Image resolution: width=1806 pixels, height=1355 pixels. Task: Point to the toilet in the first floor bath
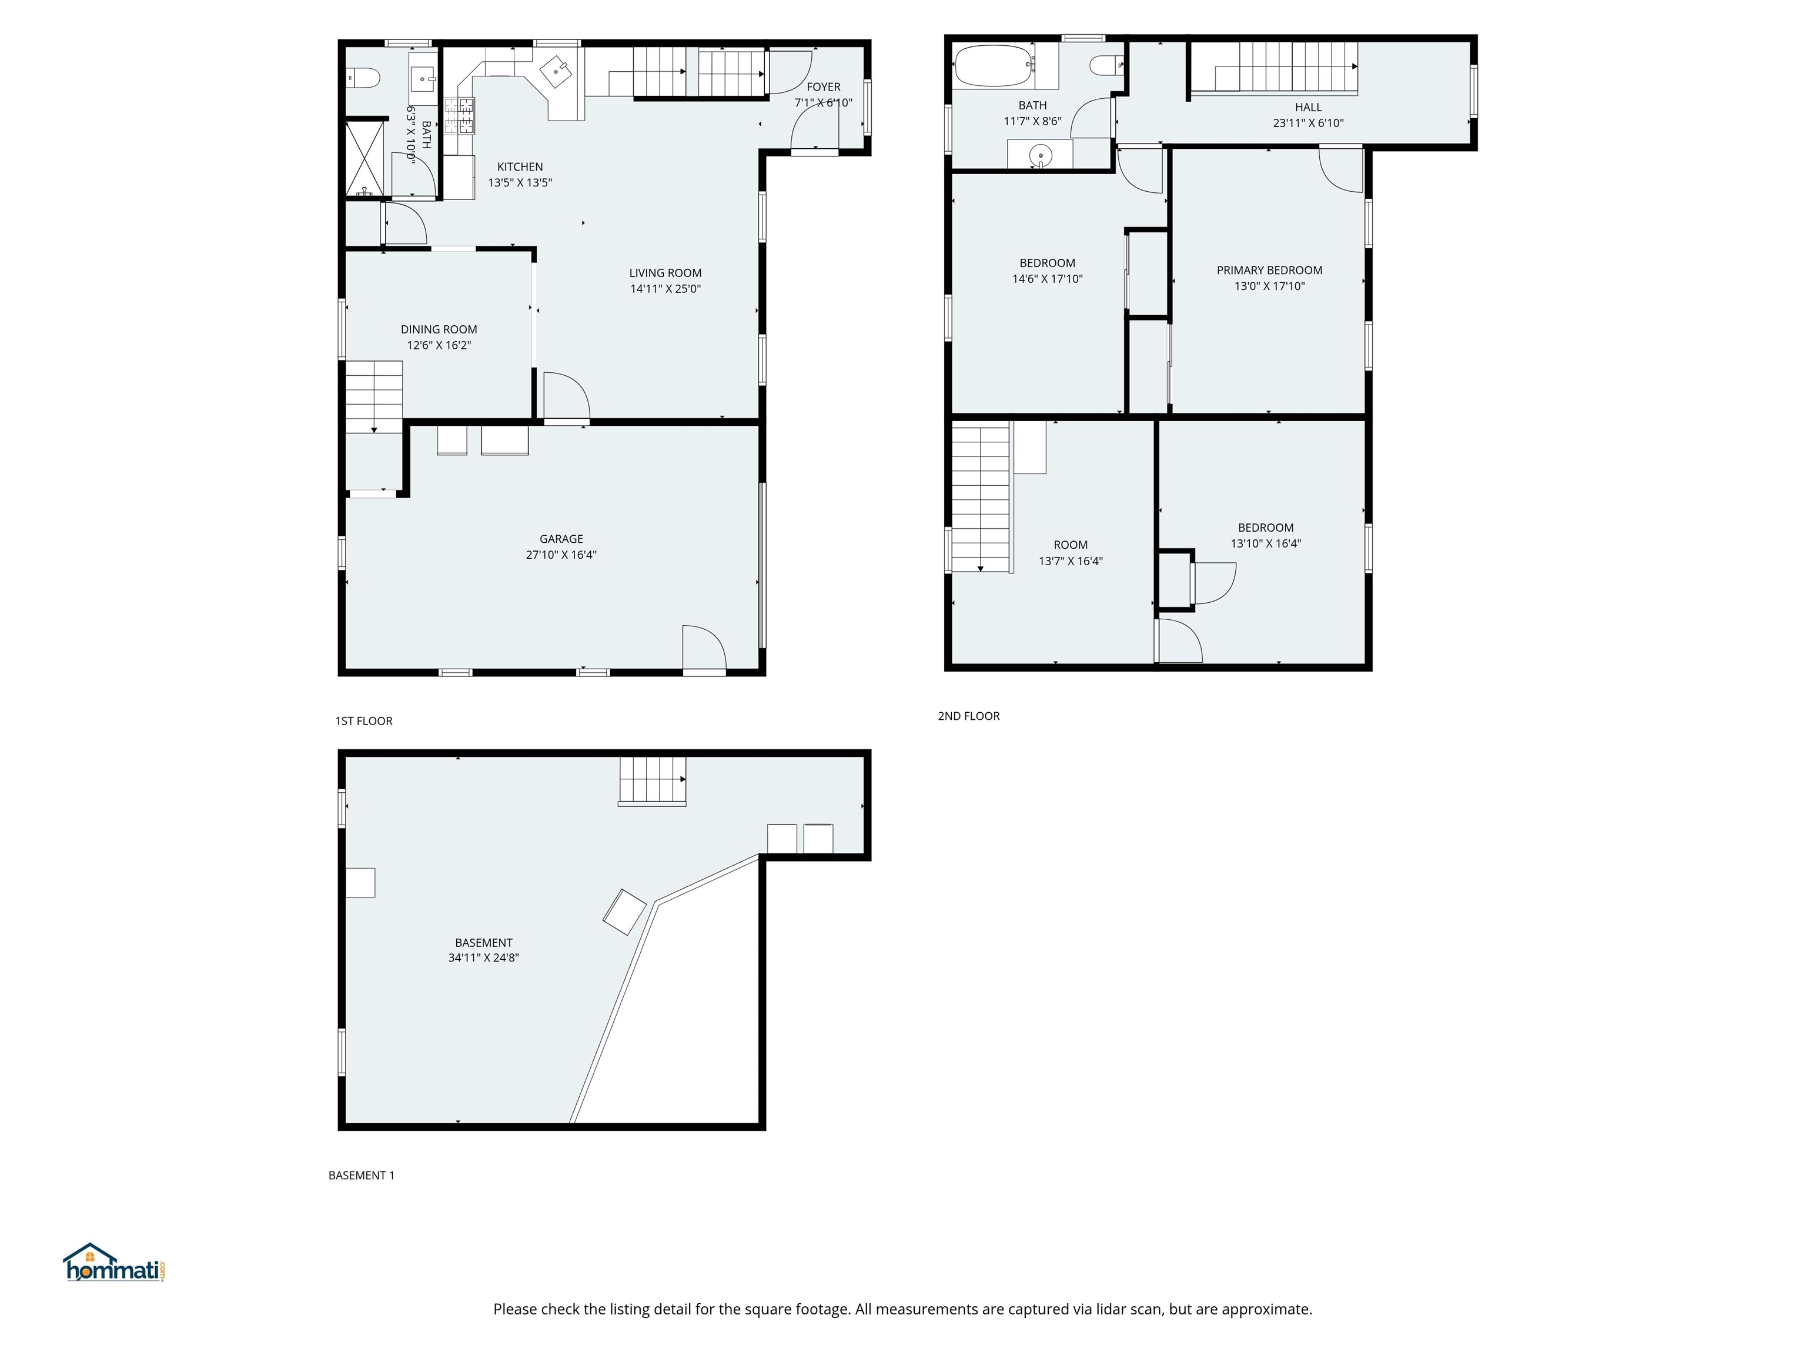[x=363, y=78]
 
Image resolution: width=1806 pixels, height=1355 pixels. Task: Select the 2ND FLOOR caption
[x=968, y=716]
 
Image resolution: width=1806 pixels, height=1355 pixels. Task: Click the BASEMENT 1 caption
[x=361, y=1175]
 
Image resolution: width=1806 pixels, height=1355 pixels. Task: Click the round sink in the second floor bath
[x=1039, y=154]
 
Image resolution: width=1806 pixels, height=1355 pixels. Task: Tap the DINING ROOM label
[x=439, y=329]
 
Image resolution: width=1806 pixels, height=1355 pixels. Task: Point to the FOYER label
[x=823, y=86]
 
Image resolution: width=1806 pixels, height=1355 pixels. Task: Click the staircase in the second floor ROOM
[x=981, y=496]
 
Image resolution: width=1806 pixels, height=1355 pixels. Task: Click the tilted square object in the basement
[x=624, y=912]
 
